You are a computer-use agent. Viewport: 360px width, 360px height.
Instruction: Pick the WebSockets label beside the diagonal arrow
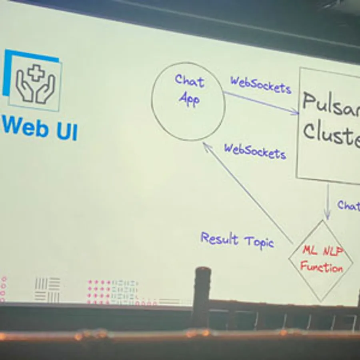click(255, 151)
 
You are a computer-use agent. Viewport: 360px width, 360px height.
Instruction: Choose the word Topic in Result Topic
click(259, 242)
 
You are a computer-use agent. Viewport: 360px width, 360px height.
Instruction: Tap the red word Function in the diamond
click(322, 267)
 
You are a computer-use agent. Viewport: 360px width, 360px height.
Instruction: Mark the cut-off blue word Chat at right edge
click(348, 206)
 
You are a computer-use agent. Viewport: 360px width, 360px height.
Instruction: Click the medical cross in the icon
click(36, 73)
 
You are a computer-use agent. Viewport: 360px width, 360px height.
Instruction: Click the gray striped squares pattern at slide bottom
click(47, 290)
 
